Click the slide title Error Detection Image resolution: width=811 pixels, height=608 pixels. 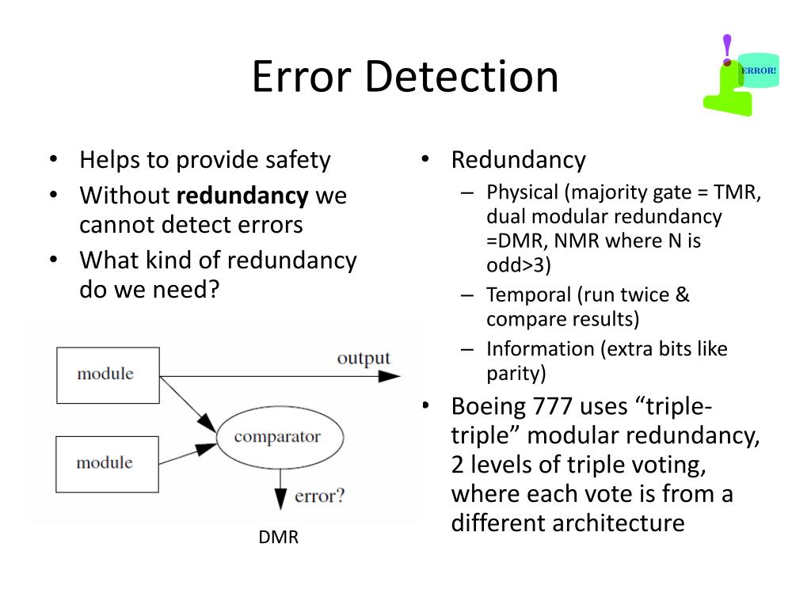click(405, 77)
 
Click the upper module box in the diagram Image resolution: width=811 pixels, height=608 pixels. click(107, 374)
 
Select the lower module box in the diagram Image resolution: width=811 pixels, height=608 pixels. click(107, 463)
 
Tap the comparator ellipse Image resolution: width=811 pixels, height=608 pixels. click(277, 436)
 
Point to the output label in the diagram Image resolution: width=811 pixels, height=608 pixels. click(364, 358)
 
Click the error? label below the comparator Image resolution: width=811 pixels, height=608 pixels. click(320, 497)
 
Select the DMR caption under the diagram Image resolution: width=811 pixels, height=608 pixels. click(279, 538)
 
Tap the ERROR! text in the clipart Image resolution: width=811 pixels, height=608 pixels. click(759, 70)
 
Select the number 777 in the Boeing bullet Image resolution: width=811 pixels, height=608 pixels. click(551, 407)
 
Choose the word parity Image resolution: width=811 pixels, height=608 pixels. click(516, 373)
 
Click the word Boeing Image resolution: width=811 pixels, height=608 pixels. click(488, 407)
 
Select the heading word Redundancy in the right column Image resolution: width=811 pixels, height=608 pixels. click(518, 160)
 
